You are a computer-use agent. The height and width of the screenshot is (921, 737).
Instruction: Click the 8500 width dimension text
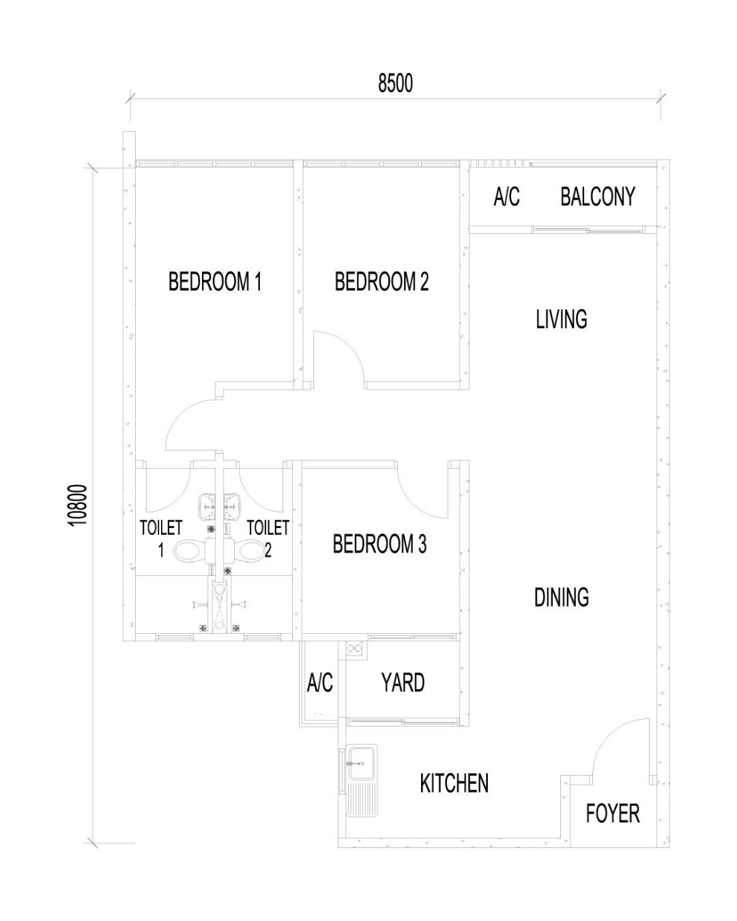[x=395, y=83]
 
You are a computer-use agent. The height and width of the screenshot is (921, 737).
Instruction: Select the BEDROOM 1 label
[x=214, y=282]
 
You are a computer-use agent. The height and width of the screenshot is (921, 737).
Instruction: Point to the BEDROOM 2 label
[x=381, y=282]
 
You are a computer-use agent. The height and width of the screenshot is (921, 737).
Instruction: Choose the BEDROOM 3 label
[x=379, y=544]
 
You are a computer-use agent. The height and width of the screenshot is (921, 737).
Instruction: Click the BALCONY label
[x=597, y=196]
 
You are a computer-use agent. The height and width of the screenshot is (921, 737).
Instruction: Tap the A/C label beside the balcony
[x=506, y=196]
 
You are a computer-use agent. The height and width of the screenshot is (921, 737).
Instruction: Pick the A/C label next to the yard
[x=319, y=682]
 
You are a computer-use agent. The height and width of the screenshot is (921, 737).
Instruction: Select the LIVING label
[x=561, y=319]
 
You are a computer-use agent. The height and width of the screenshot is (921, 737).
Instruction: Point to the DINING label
[x=561, y=598]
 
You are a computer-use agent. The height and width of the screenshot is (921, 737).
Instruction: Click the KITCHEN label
[x=454, y=783]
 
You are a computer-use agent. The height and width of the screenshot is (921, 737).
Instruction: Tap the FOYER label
[x=612, y=814]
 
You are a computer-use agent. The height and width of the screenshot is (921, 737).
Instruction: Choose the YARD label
[x=403, y=682]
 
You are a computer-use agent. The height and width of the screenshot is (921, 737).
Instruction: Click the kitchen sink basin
[x=362, y=764]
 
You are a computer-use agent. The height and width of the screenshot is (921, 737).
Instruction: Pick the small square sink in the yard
[x=354, y=648]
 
